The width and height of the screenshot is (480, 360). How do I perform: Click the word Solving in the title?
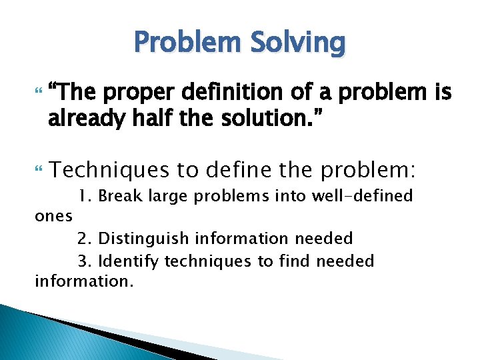(299, 43)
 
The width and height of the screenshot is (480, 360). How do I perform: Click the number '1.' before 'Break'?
(83, 197)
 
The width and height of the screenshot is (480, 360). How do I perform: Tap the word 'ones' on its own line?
(53, 217)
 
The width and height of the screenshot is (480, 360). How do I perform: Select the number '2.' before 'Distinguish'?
(83, 238)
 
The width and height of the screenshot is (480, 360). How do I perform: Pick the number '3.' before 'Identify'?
(83, 261)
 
